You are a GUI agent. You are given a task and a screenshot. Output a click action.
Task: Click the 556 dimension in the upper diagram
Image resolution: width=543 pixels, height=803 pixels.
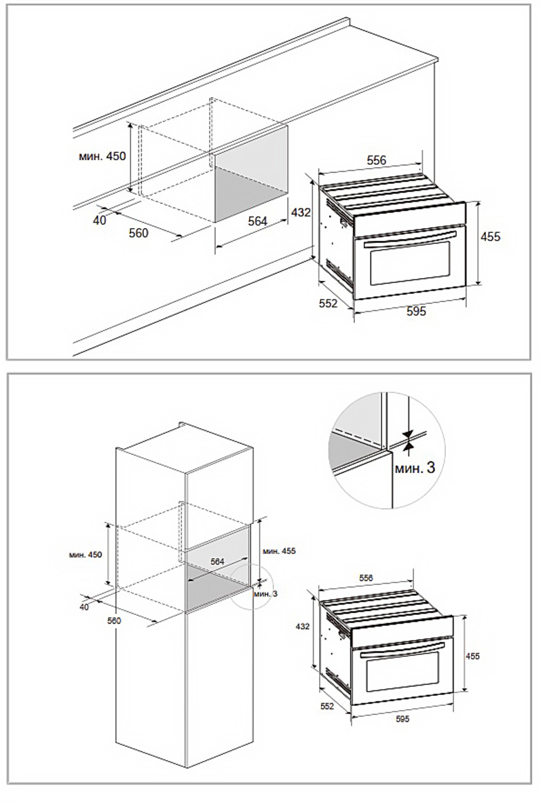377,160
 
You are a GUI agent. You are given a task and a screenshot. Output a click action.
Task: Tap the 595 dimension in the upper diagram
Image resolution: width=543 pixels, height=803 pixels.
416,311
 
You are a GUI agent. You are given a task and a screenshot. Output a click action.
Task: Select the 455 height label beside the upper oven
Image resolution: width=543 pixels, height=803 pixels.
491,237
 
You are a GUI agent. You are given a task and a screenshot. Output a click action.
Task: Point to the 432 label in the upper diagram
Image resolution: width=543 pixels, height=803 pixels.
301,212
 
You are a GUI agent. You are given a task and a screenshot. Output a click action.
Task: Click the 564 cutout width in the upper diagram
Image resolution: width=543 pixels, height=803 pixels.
258,221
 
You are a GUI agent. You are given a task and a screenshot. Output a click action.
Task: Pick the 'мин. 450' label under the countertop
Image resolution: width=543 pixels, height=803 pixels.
102,156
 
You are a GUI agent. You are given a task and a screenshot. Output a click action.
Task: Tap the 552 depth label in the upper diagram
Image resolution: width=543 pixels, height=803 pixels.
329,303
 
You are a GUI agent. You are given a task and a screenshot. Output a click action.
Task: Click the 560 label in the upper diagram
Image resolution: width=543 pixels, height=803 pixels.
138,233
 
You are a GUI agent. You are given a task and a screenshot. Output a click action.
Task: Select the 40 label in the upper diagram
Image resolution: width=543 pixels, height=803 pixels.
100,220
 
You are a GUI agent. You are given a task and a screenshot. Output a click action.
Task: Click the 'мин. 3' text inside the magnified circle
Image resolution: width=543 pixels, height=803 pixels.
415,467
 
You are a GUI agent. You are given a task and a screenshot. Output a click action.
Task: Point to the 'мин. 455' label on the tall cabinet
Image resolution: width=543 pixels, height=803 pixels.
279,551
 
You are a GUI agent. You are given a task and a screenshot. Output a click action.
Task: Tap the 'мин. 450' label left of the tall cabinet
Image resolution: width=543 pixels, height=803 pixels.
86,555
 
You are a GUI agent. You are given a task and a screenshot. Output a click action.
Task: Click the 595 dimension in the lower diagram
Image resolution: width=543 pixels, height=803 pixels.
403,719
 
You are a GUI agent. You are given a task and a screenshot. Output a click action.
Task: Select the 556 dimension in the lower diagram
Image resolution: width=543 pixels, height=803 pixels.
367,578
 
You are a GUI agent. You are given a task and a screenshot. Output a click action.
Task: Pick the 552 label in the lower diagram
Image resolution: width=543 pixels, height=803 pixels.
327,707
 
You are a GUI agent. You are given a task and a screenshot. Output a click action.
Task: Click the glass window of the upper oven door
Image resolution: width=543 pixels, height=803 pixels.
410,263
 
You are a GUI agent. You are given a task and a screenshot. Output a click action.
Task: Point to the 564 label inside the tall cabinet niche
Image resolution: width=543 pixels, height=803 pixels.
218,562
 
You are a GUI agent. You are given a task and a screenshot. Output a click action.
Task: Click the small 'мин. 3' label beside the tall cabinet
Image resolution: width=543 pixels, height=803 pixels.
265,593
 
